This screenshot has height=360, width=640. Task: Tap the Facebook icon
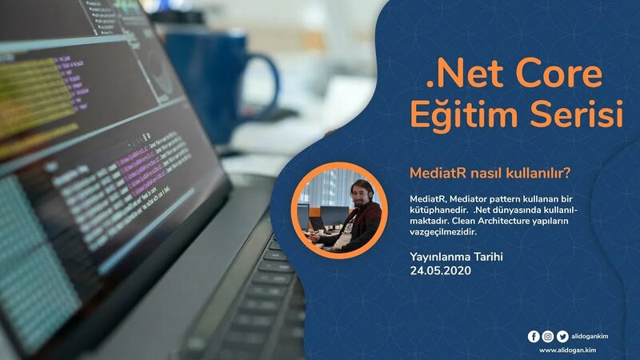pyautogui.click(x=534, y=337)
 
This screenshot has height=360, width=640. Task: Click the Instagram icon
pyautogui.click(x=547, y=337)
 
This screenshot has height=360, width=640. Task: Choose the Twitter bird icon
pyautogui.click(x=562, y=337)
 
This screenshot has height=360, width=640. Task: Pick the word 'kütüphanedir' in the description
pyautogui.click(x=437, y=210)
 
